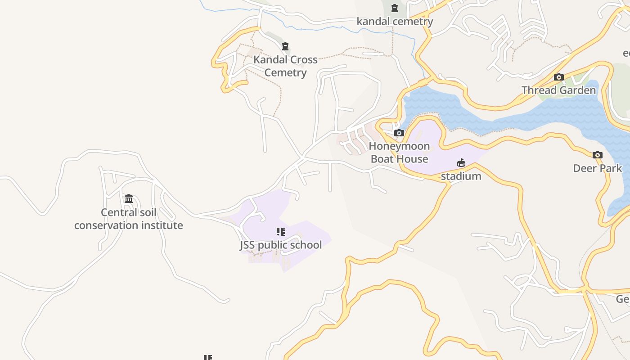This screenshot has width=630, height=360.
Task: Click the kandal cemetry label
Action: [x=395, y=21]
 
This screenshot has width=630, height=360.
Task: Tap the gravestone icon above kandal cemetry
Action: [x=395, y=8]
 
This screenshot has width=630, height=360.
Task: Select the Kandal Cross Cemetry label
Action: [x=285, y=66]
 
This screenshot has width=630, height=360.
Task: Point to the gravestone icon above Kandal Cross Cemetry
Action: [x=285, y=46]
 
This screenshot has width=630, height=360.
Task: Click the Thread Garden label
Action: [x=558, y=90]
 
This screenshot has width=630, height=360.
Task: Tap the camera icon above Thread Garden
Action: [x=559, y=77]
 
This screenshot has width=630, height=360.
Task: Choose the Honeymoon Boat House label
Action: [x=399, y=152]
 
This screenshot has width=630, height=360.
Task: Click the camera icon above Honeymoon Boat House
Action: [x=399, y=133]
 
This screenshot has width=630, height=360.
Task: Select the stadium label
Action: [x=461, y=176]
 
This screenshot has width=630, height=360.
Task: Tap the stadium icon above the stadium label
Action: [x=461, y=163]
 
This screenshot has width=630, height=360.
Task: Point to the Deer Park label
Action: [x=597, y=168]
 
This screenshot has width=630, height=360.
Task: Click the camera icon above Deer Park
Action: [x=597, y=155]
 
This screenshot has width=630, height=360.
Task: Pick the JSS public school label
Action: [x=281, y=245]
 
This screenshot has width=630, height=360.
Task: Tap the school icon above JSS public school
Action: [x=281, y=232]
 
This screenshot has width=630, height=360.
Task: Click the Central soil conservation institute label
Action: [x=129, y=219]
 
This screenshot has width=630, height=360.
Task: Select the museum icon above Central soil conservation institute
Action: [x=129, y=198]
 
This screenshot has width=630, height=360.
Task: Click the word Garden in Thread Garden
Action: [x=577, y=90]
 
